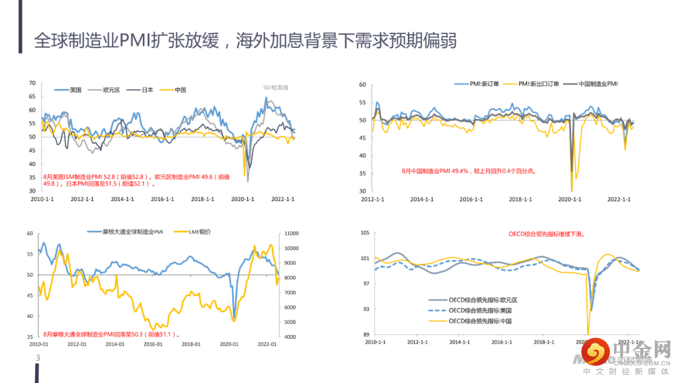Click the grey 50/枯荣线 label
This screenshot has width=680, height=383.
tap(275, 87)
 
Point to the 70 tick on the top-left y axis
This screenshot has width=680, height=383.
tap(31, 83)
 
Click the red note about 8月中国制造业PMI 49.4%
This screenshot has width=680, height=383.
tap(468, 171)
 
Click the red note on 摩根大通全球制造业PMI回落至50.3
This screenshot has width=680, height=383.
tap(112, 334)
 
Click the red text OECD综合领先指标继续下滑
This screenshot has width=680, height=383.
tap(547, 234)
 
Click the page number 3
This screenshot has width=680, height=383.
tap(37, 358)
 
